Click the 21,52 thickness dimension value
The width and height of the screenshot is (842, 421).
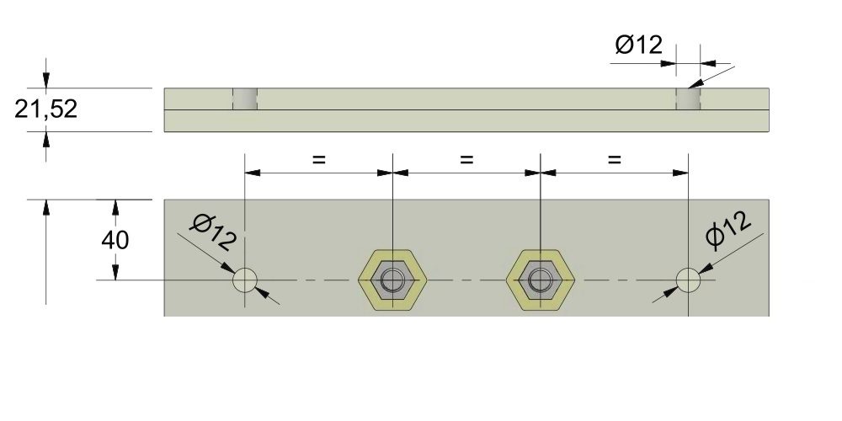(x=46, y=109)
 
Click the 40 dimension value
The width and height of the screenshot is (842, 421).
(x=115, y=240)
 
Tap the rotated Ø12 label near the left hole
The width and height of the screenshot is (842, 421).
(x=213, y=231)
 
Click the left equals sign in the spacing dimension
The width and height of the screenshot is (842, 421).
(x=318, y=158)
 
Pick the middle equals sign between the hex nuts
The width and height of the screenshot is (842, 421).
(x=467, y=158)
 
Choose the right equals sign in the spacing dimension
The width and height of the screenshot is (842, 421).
(x=614, y=158)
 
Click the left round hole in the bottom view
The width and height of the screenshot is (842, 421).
(x=245, y=280)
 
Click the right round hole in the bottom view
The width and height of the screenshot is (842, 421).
(x=688, y=280)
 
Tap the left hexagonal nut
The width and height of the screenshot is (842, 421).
(x=392, y=280)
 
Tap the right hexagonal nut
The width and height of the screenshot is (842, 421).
(x=540, y=280)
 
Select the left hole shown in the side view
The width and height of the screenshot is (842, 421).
(x=245, y=99)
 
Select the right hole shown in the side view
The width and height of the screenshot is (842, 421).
(x=689, y=99)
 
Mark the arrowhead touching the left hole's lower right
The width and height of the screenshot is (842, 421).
(x=262, y=291)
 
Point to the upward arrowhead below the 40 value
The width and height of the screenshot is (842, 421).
(x=116, y=271)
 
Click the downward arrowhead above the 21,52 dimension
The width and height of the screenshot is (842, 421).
(x=46, y=80)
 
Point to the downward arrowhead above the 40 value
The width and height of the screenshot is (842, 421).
(x=116, y=208)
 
